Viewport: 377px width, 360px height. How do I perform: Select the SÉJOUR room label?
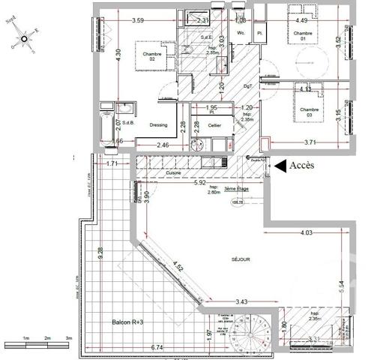[241, 259]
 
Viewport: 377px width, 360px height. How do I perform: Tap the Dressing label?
[157, 125]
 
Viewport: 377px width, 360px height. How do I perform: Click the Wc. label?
[241, 32]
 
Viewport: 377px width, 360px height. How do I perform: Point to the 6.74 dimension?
[157, 347]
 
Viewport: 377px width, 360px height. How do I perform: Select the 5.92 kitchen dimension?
[199, 182]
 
